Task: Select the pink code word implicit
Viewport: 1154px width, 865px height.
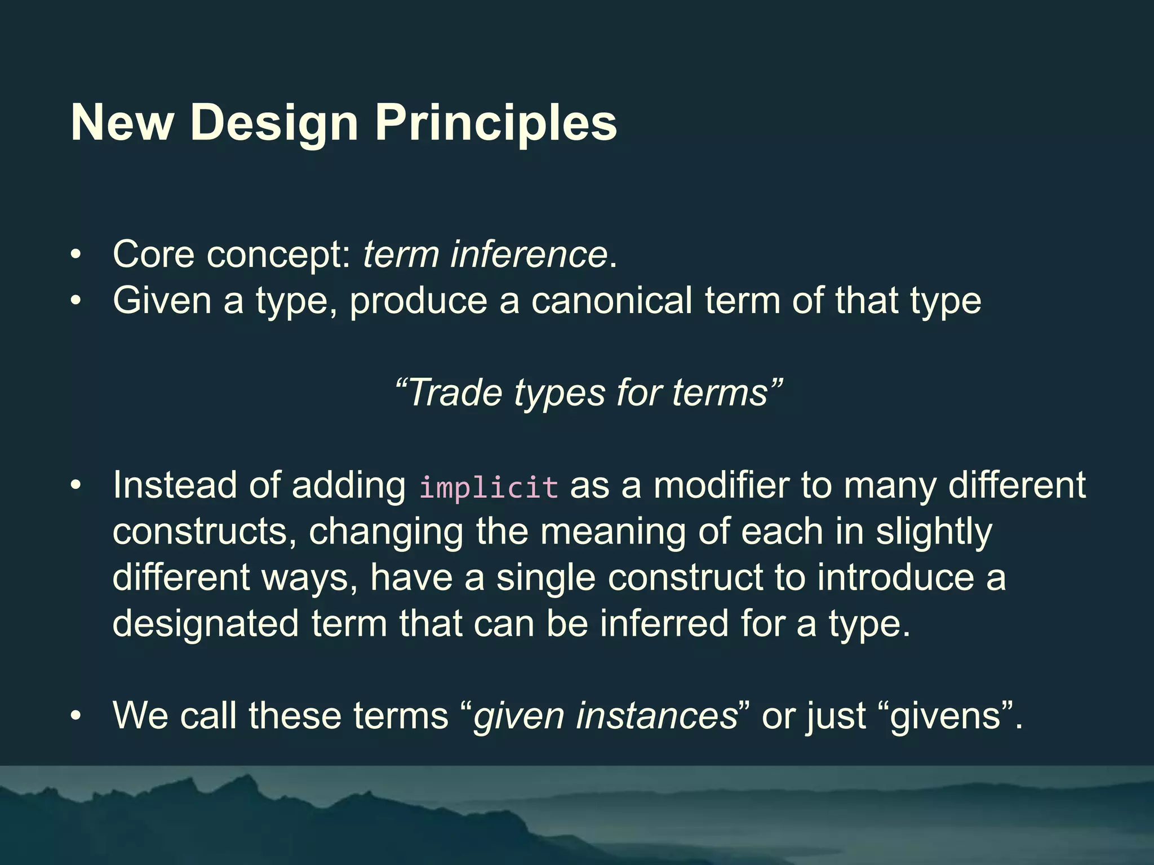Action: coord(489,487)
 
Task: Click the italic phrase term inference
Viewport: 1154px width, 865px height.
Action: coord(485,254)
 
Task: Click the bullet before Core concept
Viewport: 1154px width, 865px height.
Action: coord(76,255)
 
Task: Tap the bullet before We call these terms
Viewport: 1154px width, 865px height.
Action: coord(76,716)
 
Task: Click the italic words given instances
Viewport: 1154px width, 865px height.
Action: coord(605,716)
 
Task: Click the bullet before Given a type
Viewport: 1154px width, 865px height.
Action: coord(76,301)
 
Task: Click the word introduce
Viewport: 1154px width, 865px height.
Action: coord(895,578)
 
